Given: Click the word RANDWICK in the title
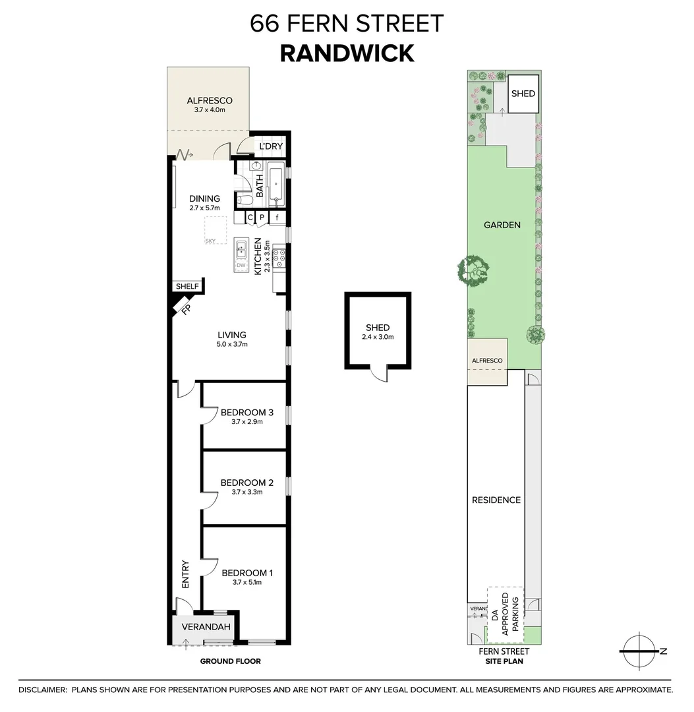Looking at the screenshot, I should (x=347, y=53).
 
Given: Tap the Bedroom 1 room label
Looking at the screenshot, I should (x=247, y=573).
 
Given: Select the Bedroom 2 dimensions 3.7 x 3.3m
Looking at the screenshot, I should (x=247, y=492).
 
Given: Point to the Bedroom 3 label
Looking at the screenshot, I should (x=247, y=413).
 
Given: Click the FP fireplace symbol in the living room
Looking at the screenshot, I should (x=183, y=307).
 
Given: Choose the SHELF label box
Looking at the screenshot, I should (x=187, y=287).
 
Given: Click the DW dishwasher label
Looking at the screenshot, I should (x=241, y=266).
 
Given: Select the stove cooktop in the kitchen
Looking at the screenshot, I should (x=279, y=257).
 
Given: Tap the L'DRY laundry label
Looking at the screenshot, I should (x=270, y=146).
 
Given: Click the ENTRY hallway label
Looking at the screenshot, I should (x=185, y=574).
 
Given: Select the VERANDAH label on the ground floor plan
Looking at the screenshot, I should (x=202, y=627).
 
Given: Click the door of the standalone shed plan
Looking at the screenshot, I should (x=378, y=374).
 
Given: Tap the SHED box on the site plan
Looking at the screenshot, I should (x=523, y=94).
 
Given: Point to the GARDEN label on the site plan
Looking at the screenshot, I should (x=502, y=225).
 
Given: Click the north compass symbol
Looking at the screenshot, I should (x=640, y=651).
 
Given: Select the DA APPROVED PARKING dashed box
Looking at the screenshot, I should (x=505, y=615).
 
